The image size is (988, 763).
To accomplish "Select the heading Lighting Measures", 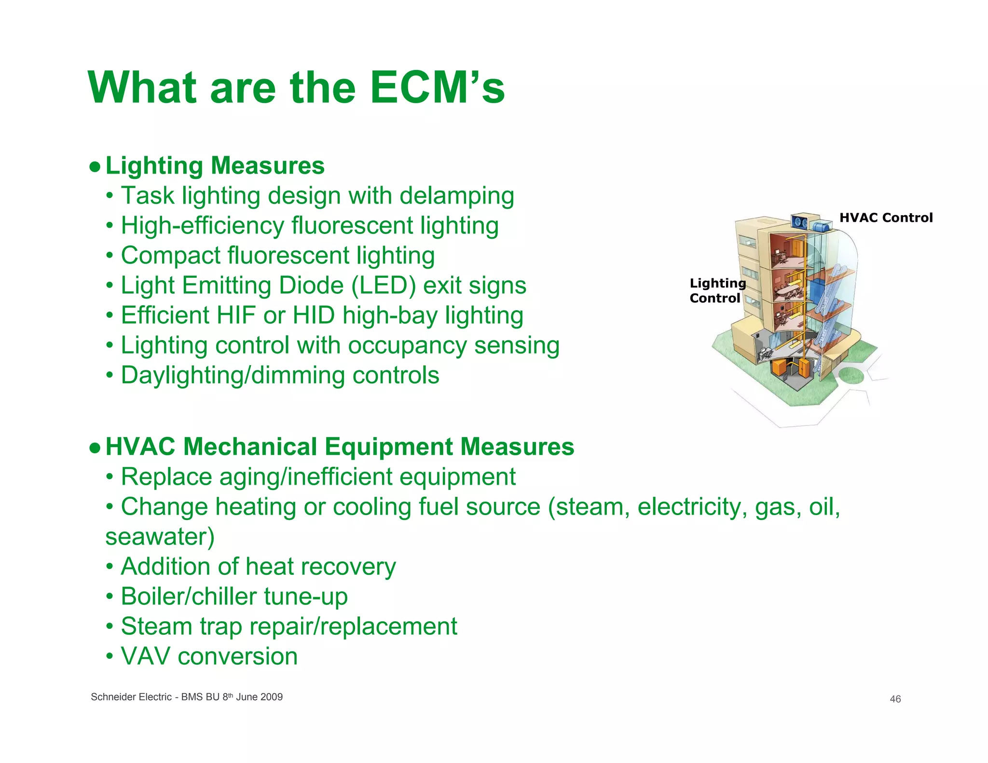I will (215, 166).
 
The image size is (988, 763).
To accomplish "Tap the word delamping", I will (456, 196).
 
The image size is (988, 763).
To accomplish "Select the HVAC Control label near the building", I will (886, 218).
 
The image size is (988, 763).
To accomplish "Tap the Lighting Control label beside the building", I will (717, 291).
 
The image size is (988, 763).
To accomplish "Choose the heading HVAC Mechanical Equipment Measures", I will (340, 447).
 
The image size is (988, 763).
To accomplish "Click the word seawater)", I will (160, 537).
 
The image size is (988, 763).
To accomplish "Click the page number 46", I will (895, 699).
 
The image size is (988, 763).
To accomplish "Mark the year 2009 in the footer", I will (272, 697).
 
